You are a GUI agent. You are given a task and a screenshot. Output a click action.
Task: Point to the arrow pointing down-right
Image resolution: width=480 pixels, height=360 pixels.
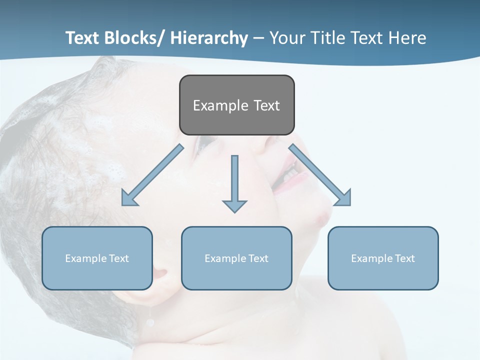320,175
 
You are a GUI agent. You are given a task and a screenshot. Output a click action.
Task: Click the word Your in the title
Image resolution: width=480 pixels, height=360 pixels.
286,38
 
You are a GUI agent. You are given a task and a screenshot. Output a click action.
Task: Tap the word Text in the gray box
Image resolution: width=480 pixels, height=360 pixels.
266,105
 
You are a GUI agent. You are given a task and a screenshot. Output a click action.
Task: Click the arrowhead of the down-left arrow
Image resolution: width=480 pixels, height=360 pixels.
128,198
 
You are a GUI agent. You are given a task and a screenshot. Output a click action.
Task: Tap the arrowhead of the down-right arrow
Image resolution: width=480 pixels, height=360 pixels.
343,198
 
